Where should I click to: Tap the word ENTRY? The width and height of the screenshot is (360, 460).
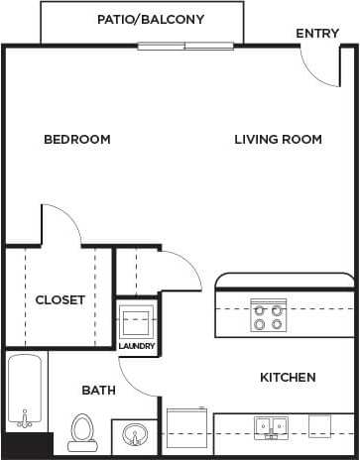pyautogui.click(x=316, y=34)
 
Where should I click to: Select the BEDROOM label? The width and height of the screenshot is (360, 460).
pyautogui.click(x=76, y=139)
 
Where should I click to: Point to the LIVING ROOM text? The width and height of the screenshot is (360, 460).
pyautogui.click(x=278, y=139)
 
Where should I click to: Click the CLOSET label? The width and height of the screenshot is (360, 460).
pyautogui.click(x=60, y=299)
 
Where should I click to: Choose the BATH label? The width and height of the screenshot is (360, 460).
pyautogui.click(x=98, y=391)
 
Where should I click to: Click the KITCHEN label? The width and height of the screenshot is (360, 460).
pyautogui.click(x=288, y=377)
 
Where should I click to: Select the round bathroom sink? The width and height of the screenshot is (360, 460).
pyautogui.click(x=134, y=434)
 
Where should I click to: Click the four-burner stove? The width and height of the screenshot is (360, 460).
pyautogui.click(x=265, y=315)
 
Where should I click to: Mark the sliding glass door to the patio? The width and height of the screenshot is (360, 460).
pyautogui.click(x=186, y=46)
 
